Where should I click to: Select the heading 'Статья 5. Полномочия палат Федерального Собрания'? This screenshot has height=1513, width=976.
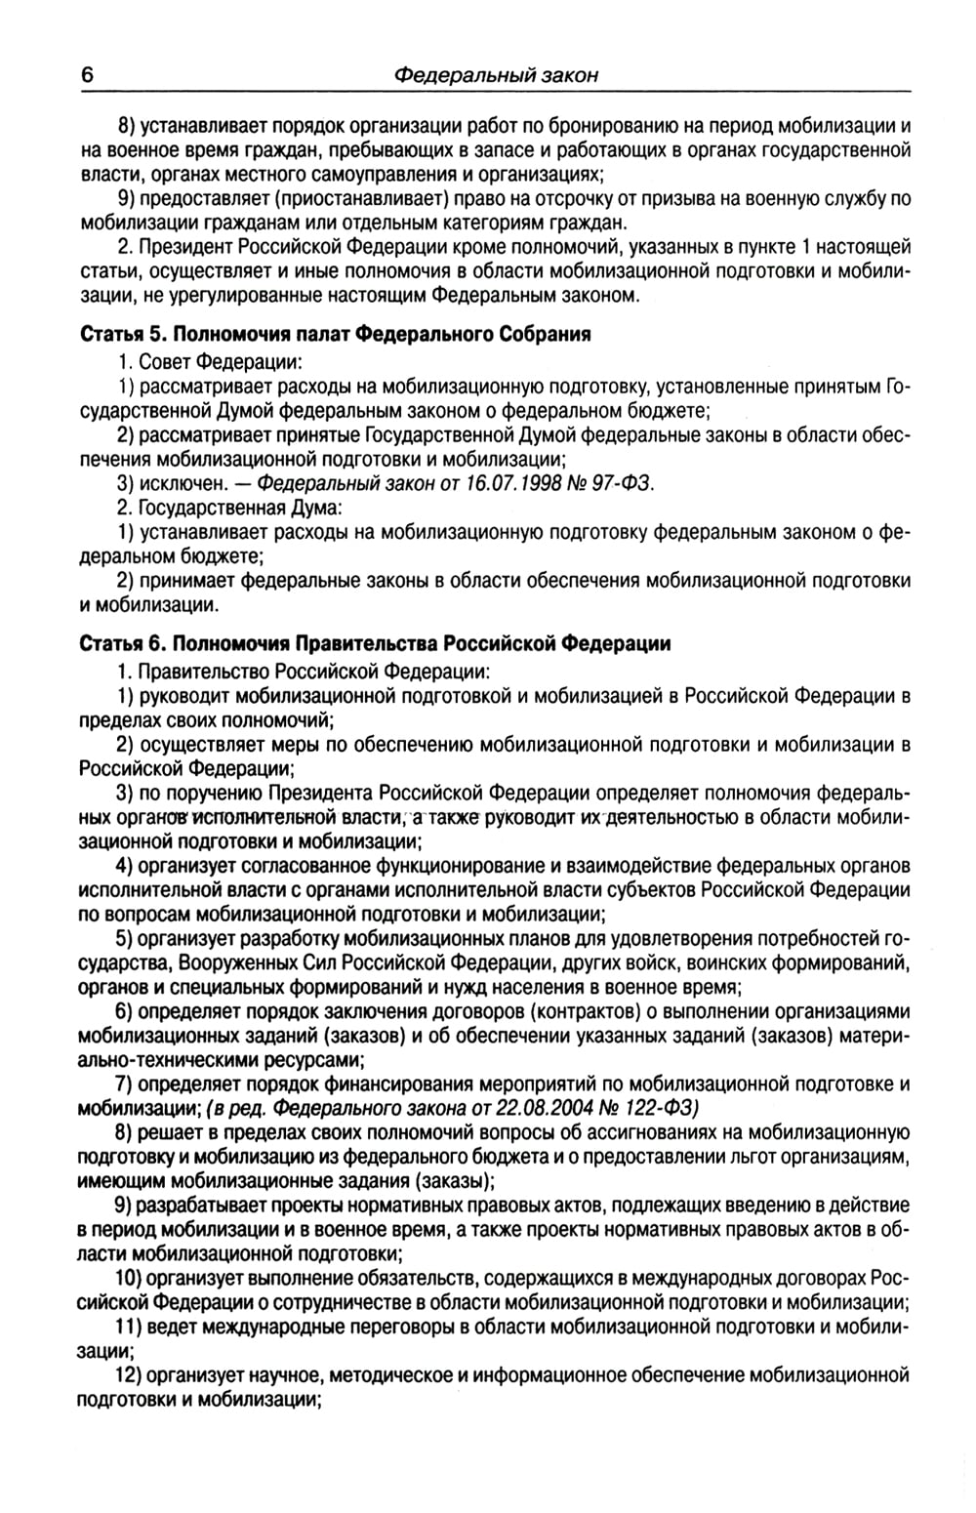[x=335, y=334]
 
